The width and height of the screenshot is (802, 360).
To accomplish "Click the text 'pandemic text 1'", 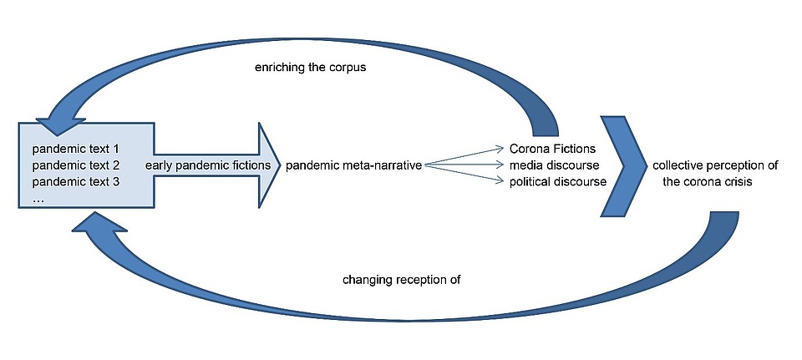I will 76,149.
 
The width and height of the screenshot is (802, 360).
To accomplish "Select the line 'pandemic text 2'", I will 76,165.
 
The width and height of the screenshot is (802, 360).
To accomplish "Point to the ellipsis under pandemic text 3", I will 38,199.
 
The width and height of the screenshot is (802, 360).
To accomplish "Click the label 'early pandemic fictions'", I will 208,165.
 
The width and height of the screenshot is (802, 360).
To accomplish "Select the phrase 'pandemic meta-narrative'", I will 353,165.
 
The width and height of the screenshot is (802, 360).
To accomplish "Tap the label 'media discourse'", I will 555,165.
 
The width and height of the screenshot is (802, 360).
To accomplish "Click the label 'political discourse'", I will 558,182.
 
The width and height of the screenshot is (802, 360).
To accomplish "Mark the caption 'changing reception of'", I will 401,280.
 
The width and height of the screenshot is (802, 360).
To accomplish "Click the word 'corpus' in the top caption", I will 350,67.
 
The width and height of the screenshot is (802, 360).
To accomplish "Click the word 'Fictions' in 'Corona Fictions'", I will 576,149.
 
